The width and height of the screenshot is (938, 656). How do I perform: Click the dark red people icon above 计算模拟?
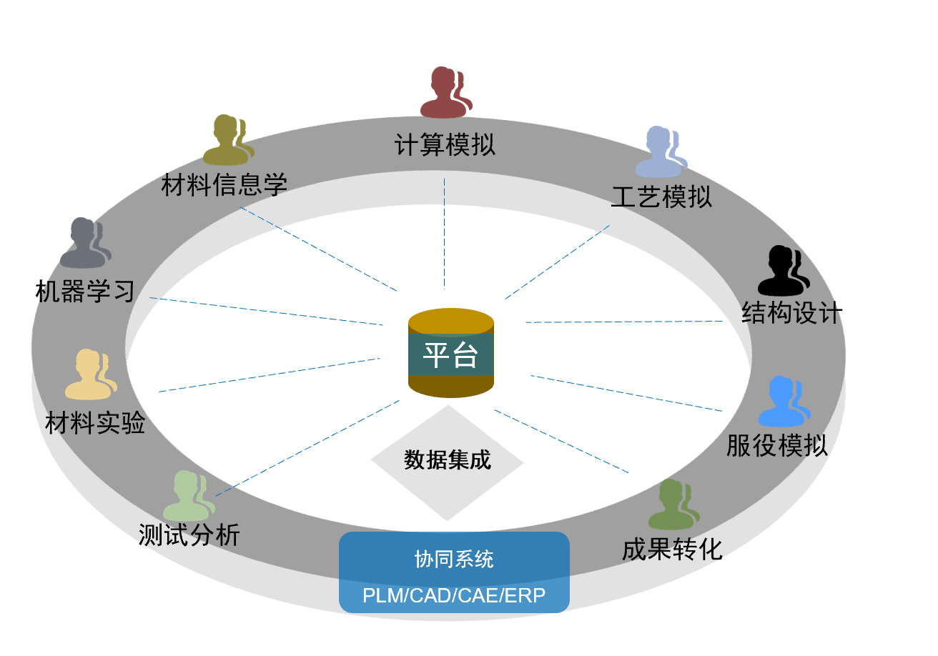[x=445, y=93]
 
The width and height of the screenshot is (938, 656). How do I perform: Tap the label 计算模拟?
[x=445, y=145]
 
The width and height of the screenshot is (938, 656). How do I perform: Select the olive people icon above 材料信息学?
[x=227, y=140]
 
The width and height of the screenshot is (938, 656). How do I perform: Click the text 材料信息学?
[x=224, y=185]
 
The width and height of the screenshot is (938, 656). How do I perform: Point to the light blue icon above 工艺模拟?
[x=661, y=151]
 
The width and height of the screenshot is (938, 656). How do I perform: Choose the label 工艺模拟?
[x=661, y=197]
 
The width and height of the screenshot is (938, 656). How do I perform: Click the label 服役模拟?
[x=776, y=445]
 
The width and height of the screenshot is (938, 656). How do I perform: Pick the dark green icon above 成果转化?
[x=673, y=504]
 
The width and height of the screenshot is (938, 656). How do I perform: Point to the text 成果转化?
[x=672, y=549]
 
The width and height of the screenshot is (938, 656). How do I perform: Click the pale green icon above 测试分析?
[x=189, y=495]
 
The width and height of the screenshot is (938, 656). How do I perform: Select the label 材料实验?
[x=95, y=423]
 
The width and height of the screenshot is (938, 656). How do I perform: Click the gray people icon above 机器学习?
[x=85, y=243]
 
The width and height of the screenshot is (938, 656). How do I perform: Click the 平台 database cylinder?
[x=450, y=353]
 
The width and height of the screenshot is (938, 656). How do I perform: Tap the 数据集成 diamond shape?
[x=448, y=461]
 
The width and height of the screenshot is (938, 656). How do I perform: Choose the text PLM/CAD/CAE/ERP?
[x=454, y=595]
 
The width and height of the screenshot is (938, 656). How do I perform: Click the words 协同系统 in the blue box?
[x=454, y=559]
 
